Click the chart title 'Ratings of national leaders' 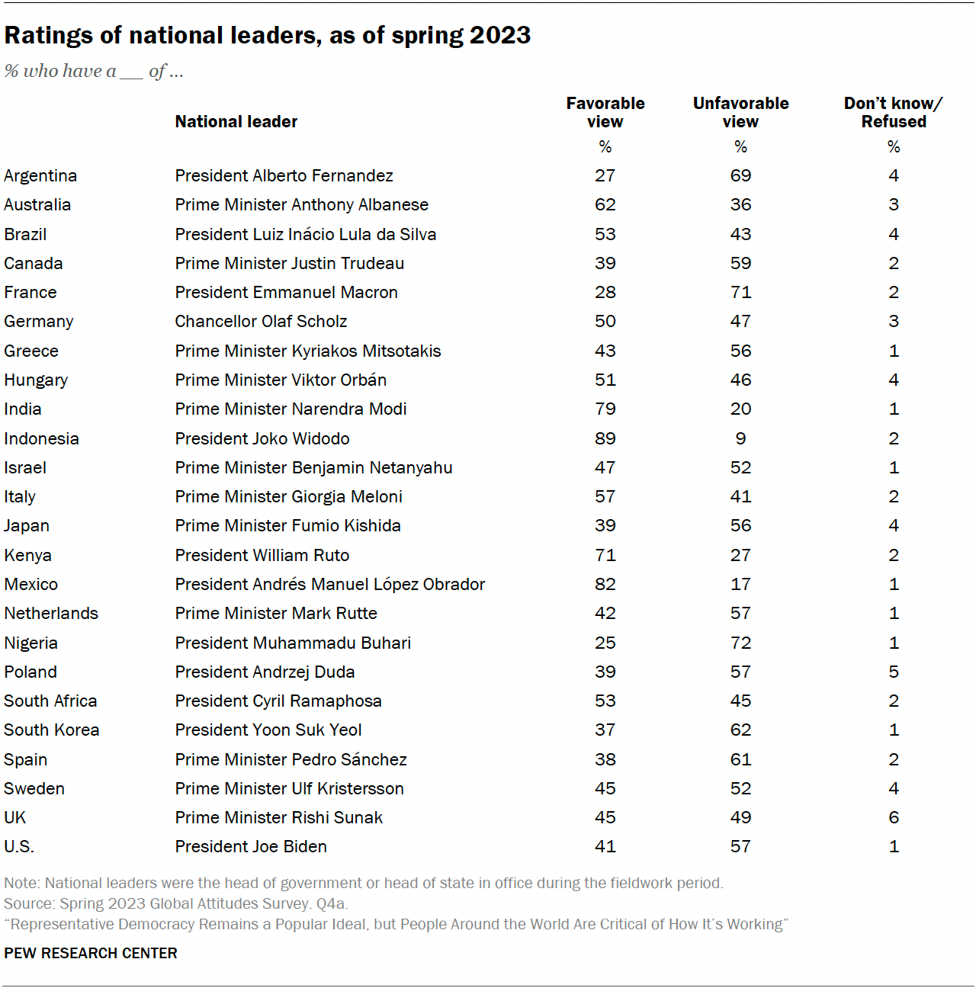pos(267,35)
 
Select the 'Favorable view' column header pos(605,112)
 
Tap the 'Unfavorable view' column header pos(740,112)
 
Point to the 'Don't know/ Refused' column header pos(893,112)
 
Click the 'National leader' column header pos(236,121)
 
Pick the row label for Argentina pos(40,175)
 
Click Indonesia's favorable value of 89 pos(605,438)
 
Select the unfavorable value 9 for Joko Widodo pos(740,438)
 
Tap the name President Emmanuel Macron pos(286,292)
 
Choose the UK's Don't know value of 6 pos(894,817)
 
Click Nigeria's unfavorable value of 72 pos(740,643)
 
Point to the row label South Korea pos(52,730)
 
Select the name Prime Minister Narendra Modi pos(291,409)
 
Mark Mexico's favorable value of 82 pos(605,584)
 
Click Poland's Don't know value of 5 pos(894,672)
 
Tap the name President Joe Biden pos(251,846)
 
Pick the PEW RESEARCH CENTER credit pos(91,953)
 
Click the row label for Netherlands pos(51,613)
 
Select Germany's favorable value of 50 pos(605,321)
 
